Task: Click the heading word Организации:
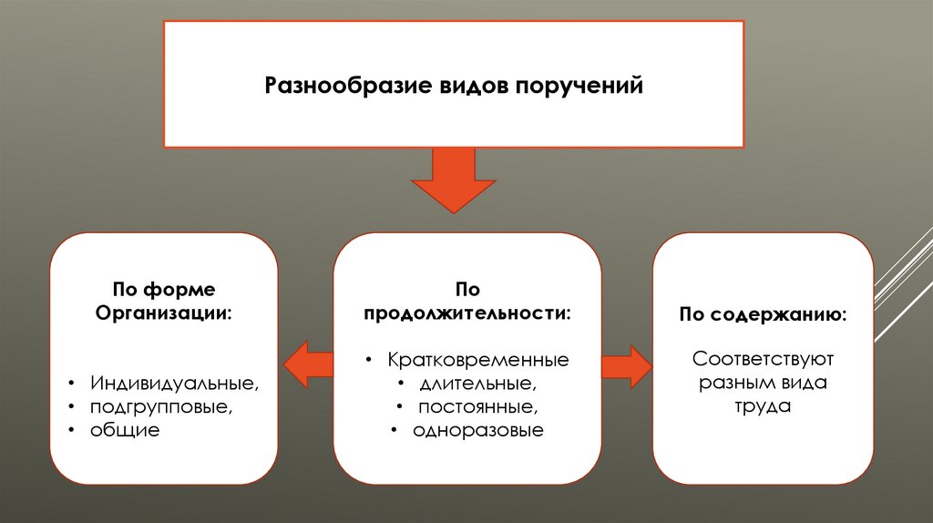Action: (164, 313)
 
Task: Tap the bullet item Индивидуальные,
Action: (174, 383)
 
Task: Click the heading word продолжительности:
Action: (467, 313)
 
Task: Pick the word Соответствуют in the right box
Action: (764, 359)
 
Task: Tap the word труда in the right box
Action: (763, 406)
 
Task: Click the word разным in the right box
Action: (736, 383)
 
